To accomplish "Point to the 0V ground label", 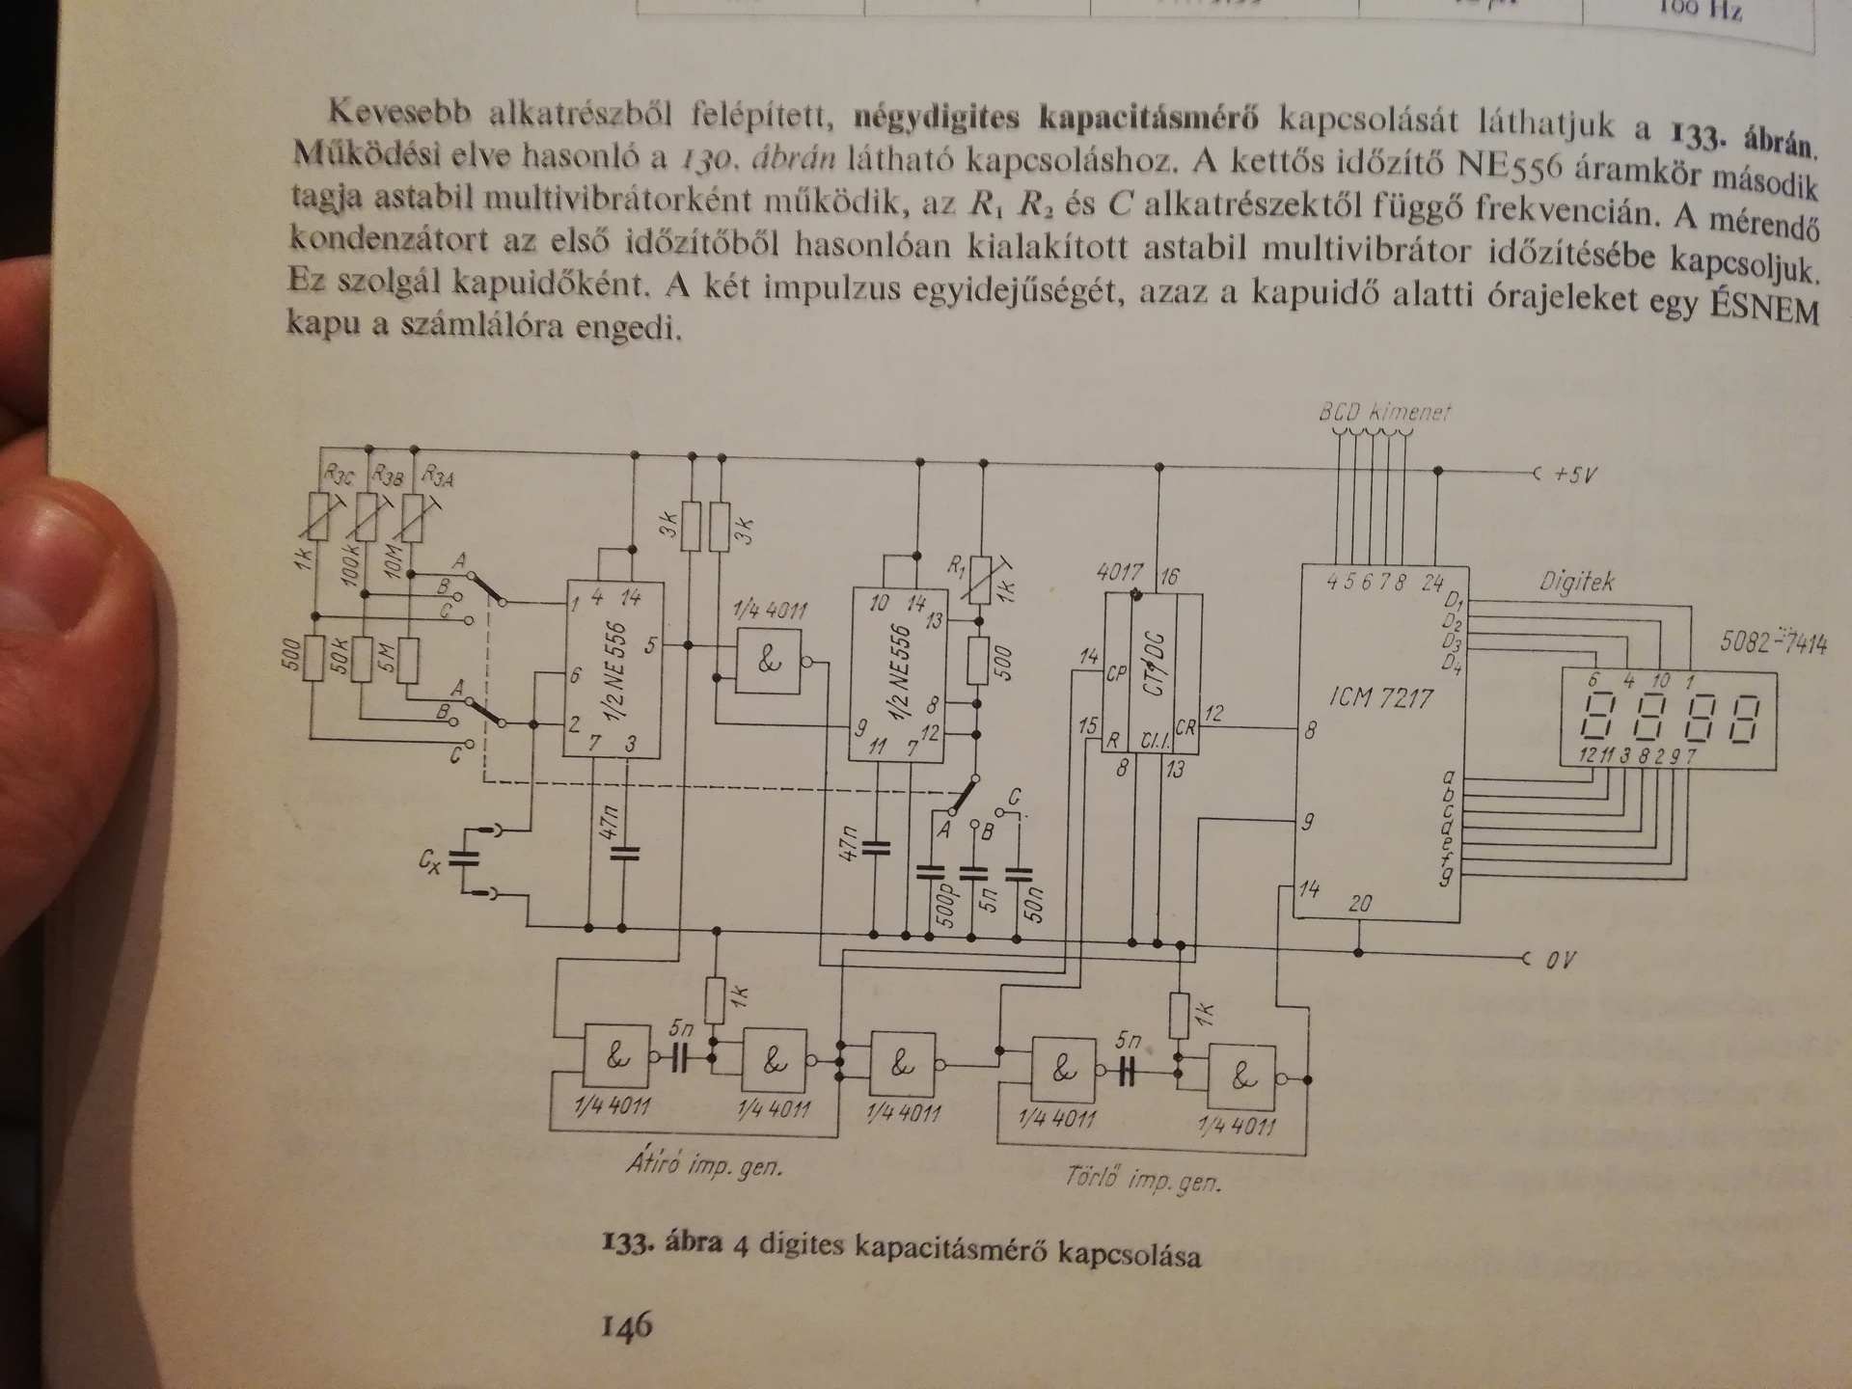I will coord(1559,961).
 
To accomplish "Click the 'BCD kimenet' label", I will coord(1384,412).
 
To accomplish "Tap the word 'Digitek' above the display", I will coord(1575,582).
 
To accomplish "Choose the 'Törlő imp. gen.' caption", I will coord(1143,1179).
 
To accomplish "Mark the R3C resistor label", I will coord(339,474).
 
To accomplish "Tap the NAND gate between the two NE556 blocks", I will coord(769,662).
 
